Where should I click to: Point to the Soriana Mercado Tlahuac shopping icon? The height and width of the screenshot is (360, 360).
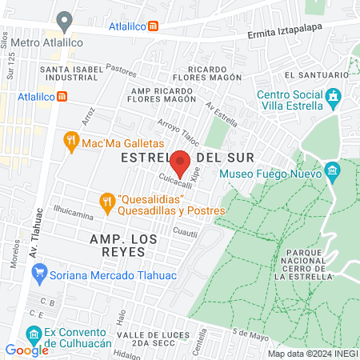[38, 274]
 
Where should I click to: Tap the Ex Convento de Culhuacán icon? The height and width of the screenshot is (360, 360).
[33, 333]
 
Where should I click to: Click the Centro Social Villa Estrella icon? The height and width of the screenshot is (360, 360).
[334, 100]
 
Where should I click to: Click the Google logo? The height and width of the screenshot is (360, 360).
[26, 350]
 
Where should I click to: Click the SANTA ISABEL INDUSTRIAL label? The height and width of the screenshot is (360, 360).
[71, 74]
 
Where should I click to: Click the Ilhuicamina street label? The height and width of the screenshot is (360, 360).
[74, 214]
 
